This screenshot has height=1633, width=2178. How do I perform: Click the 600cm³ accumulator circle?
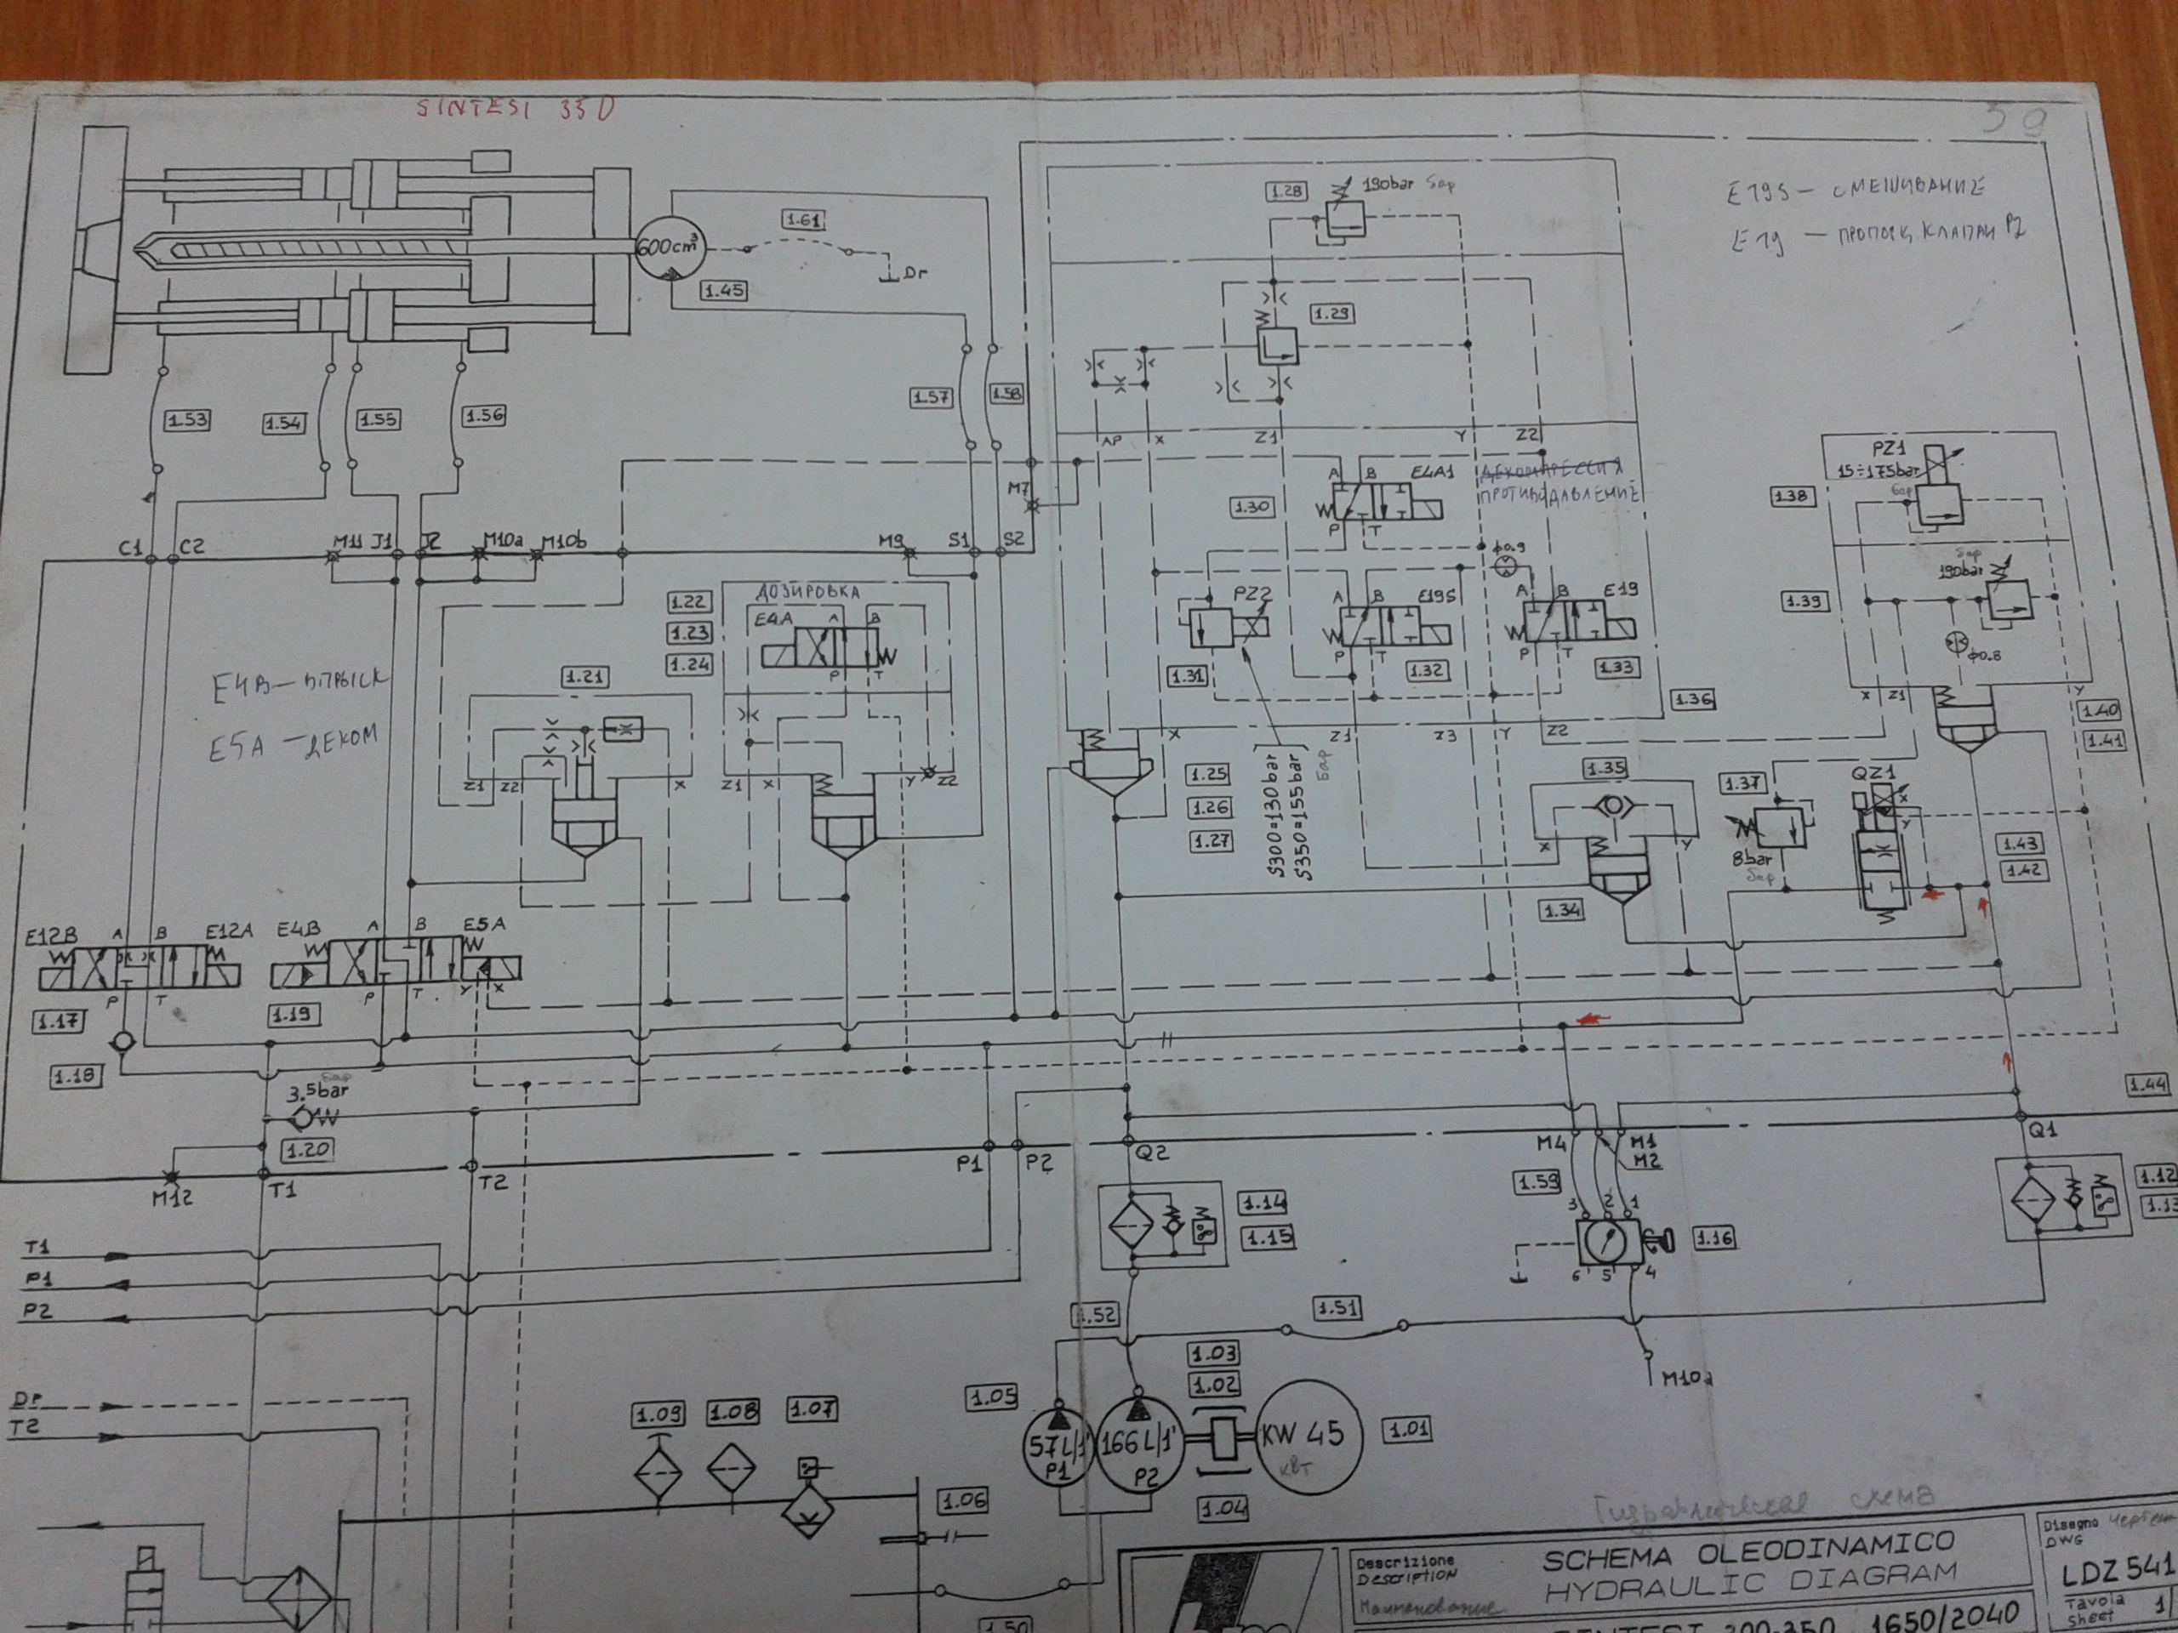(x=669, y=246)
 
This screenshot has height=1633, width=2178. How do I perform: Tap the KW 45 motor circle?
(x=1299, y=1435)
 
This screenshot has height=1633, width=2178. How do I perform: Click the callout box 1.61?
(x=802, y=219)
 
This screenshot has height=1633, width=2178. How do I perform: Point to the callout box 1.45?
(x=724, y=290)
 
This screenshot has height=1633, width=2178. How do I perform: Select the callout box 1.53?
(x=186, y=419)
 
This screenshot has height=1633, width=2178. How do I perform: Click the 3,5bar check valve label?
(x=317, y=1091)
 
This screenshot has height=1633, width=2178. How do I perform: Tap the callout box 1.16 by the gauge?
(x=1713, y=1238)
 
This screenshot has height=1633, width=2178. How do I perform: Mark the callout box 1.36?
(x=1692, y=699)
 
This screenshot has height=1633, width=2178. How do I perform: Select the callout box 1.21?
(x=584, y=676)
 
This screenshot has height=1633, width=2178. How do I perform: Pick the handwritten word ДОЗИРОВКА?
(x=807, y=593)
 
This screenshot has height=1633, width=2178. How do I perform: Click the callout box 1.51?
(x=1337, y=1308)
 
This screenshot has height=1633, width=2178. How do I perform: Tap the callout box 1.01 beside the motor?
(x=1407, y=1428)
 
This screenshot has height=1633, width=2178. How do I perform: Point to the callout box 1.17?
(x=58, y=1021)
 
